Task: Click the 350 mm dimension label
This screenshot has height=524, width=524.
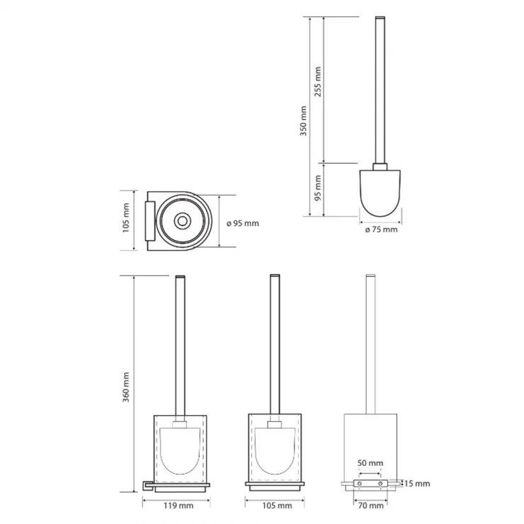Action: pyautogui.click(x=303, y=120)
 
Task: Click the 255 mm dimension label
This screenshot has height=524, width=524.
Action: pyautogui.click(x=317, y=81)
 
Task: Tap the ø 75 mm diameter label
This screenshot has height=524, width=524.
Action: pyautogui.click(x=381, y=229)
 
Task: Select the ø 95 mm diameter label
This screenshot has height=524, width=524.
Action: pyautogui.click(x=243, y=223)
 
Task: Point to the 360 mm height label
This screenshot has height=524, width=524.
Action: pyautogui.click(x=125, y=387)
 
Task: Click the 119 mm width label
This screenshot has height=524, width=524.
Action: pyautogui.click(x=178, y=506)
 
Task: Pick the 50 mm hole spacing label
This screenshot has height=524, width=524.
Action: pyautogui.click(x=370, y=463)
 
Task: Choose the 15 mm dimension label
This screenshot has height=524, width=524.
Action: pyautogui.click(x=417, y=484)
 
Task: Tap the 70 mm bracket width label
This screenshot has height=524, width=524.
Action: pyautogui.click(x=370, y=506)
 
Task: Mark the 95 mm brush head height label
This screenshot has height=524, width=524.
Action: pyautogui.click(x=317, y=188)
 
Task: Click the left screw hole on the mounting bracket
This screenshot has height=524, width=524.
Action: pyautogui.click(x=360, y=484)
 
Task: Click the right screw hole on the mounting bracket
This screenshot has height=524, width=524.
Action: pyautogui.click(x=380, y=484)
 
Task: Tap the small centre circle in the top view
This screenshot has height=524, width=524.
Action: pyautogui.click(x=183, y=221)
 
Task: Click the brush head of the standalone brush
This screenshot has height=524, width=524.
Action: pyautogui.click(x=380, y=193)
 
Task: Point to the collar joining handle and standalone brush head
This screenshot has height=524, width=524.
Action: pyautogui.click(x=380, y=166)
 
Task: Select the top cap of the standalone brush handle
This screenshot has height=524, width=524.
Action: pyautogui.click(x=380, y=17)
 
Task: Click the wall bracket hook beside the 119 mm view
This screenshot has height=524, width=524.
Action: pyautogui.click(x=148, y=486)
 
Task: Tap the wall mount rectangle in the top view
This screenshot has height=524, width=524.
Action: pyautogui.click(x=150, y=221)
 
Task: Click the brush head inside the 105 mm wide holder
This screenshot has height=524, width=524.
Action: pyautogui.click(x=275, y=451)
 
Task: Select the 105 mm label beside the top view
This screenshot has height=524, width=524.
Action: pyautogui.click(x=125, y=218)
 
